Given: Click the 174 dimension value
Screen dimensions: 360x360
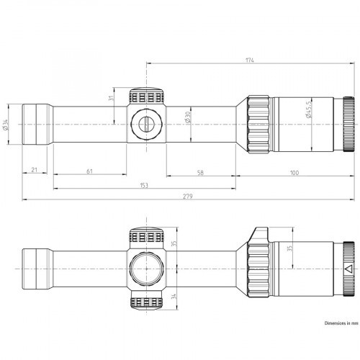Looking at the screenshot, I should coord(249,60).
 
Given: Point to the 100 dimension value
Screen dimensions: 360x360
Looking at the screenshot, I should coord(295,173).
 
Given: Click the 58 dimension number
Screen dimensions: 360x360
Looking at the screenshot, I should coord(199,173).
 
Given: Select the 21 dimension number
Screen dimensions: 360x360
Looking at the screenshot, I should coord(35,171).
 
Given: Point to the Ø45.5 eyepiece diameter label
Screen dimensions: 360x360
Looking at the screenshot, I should coord(310,112).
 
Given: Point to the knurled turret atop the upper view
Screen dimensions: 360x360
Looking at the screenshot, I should coord(148,96).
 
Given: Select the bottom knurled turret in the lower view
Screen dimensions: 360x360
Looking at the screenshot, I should coord(148,304).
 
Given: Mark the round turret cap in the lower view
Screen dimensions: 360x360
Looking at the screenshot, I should coord(148,269).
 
